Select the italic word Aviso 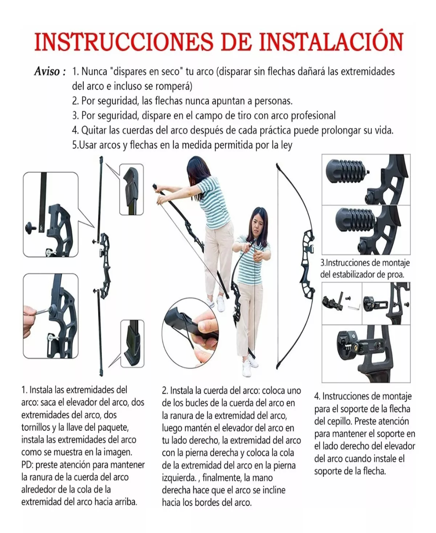point(47,72)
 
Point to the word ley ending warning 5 point(287,145)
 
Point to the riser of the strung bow point(308,256)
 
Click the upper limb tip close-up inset point(132,189)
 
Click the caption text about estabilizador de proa point(365,269)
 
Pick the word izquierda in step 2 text point(178,478)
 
